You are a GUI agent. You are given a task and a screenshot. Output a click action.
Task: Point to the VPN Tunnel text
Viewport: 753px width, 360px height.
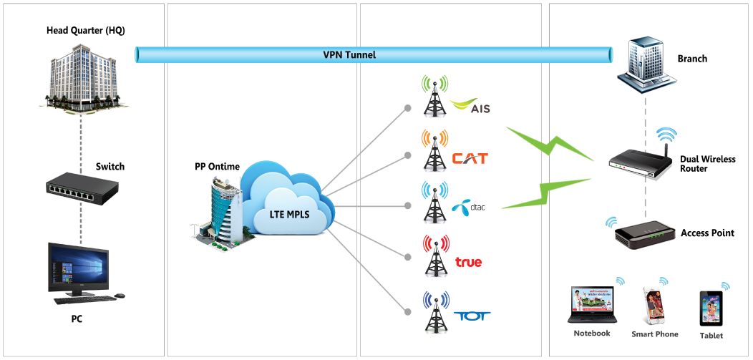(349, 54)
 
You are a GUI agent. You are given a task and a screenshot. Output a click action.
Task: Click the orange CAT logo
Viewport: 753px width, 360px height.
(470, 157)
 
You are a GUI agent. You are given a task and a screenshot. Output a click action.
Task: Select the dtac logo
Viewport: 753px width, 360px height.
(470, 208)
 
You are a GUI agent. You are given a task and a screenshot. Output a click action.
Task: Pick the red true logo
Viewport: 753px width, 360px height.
(468, 262)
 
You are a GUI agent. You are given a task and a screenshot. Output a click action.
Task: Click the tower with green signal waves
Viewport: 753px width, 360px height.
(434, 96)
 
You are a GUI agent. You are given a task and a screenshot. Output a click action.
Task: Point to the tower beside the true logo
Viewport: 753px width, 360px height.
(434, 256)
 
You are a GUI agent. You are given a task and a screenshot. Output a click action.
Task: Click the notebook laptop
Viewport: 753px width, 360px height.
(591, 306)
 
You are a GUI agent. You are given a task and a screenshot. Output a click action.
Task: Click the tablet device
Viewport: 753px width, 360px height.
(711, 308)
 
